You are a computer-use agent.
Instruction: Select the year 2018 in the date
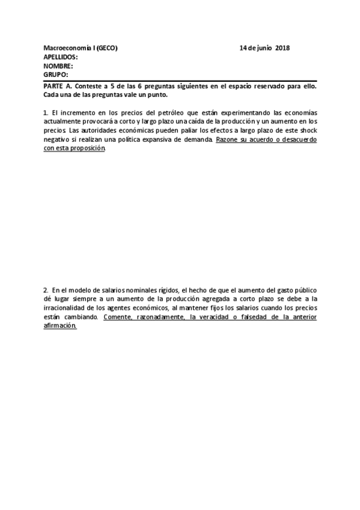coord(282,48)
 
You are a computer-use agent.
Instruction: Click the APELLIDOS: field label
coord(61,57)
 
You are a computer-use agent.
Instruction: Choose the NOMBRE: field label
coord(59,66)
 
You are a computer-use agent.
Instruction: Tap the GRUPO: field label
coord(56,75)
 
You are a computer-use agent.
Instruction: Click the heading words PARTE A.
coord(57,87)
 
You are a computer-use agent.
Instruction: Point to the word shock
coord(307,130)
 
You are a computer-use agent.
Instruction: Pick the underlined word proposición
coord(88,148)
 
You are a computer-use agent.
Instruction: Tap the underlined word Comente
coord(118,316)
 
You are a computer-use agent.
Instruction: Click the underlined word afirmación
coord(60,325)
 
